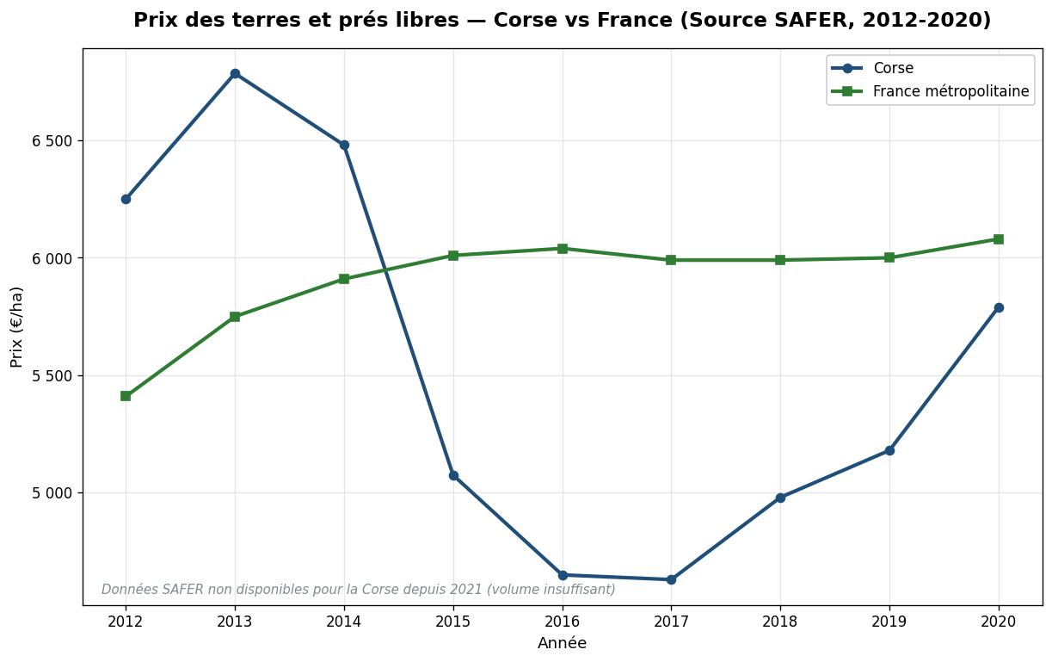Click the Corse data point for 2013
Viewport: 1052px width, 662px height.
(x=235, y=74)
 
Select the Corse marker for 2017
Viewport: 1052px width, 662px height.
(x=671, y=579)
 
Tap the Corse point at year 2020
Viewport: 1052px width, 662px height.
(x=999, y=307)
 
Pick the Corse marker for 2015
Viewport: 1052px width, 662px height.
(x=453, y=475)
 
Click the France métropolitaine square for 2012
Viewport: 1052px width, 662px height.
(x=126, y=396)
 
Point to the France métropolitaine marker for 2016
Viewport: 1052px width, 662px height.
(x=563, y=249)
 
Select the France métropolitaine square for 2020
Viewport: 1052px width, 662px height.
(x=999, y=239)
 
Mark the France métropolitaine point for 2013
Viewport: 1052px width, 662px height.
(x=235, y=317)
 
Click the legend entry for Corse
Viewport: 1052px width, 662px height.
(x=893, y=69)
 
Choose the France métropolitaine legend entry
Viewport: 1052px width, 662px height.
(x=950, y=91)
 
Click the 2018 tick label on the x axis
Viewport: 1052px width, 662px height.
(x=780, y=621)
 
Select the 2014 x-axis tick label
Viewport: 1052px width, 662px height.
(x=344, y=621)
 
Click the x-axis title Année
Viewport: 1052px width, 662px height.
(x=562, y=643)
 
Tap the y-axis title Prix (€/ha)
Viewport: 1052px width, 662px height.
(x=17, y=326)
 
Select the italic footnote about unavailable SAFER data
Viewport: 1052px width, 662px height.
(x=359, y=590)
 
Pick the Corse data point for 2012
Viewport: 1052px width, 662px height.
(x=126, y=199)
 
